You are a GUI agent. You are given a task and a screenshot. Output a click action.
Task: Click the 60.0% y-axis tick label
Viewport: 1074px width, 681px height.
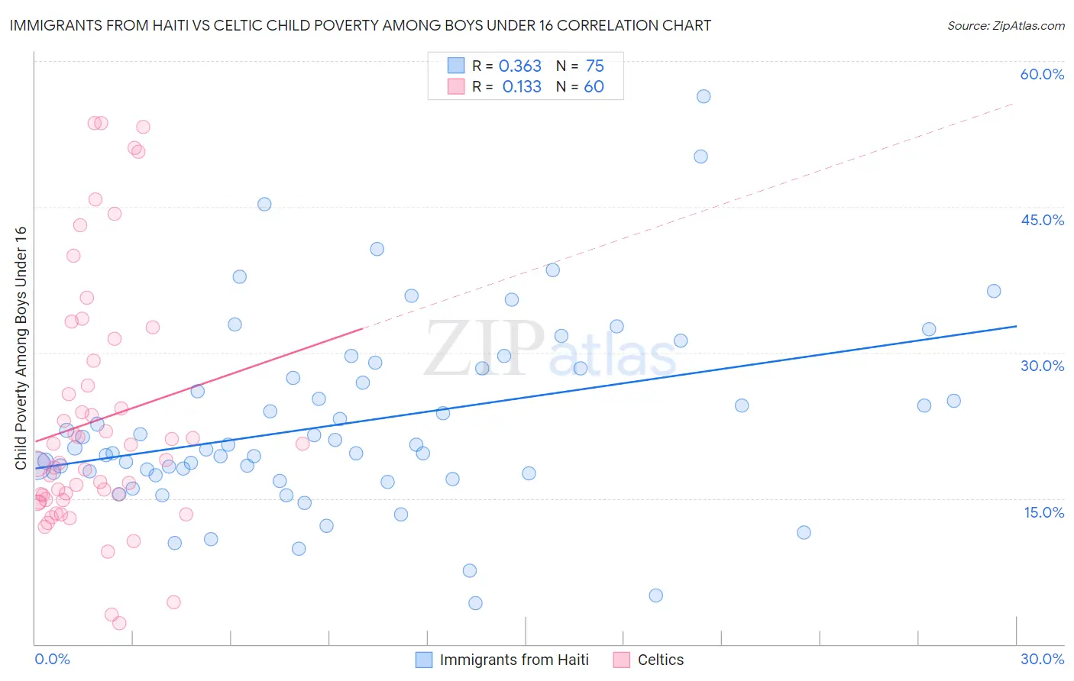click(1042, 74)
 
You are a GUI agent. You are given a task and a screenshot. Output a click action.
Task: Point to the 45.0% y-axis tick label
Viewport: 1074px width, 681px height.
click(1042, 220)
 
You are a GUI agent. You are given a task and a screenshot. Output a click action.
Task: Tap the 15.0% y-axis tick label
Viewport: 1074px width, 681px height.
click(1043, 512)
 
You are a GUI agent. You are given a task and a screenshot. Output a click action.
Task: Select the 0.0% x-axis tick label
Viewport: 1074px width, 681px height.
click(52, 659)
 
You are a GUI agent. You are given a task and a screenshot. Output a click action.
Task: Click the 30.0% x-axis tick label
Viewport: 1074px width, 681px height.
click(1042, 659)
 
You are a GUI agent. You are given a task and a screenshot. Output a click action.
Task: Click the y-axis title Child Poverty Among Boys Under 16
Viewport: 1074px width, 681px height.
click(21, 348)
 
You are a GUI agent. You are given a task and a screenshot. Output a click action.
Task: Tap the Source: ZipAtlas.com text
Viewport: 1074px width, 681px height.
click(1005, 25)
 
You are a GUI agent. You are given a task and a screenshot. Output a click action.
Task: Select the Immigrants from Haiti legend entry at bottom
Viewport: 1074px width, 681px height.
click(514, 660)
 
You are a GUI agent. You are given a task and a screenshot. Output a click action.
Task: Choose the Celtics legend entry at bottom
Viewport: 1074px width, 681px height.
click(661, 660)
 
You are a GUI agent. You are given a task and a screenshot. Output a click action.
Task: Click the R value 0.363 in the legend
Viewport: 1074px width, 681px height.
click(519, 66)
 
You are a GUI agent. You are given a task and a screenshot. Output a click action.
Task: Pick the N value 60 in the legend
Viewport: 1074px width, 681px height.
click(594, 87)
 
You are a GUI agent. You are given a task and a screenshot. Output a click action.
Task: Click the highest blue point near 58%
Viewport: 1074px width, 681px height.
click(704, 96)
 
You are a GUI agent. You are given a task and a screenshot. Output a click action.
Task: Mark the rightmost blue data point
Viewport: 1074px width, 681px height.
click(994, 291)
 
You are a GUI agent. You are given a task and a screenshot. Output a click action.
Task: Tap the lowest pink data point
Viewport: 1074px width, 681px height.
click(119, 624)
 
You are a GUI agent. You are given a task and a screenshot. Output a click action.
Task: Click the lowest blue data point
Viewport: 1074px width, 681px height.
click(475, 603)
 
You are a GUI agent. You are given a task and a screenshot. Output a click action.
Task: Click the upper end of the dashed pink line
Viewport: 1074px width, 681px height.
click(1014, 103)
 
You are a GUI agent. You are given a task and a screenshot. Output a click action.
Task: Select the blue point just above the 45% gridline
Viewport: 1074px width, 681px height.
click(264, 204)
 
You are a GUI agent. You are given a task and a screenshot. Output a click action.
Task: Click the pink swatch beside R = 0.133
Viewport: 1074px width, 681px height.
click(456, 86)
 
